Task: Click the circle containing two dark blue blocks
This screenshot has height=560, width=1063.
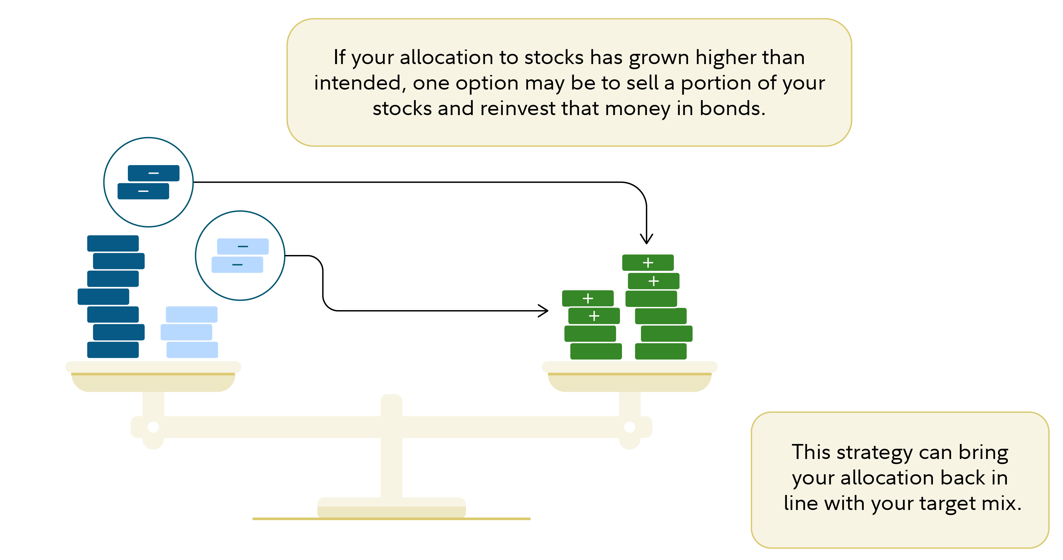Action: point(149,182)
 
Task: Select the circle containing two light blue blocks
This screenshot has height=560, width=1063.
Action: point(240,256)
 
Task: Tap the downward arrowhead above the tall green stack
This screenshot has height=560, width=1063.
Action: point(646,239)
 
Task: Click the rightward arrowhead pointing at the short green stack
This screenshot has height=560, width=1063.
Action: point(544,310)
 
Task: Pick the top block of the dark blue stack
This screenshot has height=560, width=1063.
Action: point(113,243)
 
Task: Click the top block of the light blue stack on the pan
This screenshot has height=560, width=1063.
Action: point(192,314)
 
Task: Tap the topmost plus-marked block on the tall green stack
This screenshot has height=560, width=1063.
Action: point(648,263)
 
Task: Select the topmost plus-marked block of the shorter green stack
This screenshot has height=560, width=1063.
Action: point(588,298)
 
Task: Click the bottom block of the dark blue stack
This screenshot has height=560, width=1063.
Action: point(113,350)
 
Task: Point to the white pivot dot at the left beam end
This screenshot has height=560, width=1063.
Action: point(153,427)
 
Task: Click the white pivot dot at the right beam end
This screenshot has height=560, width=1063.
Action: point(629,427)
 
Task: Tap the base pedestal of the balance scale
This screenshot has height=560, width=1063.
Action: point(391,508)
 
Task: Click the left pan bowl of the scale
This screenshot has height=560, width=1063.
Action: point(153,382)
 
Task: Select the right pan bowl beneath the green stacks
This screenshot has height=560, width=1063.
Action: point(629,382)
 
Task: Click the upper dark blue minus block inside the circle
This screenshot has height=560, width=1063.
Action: point(153,173)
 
